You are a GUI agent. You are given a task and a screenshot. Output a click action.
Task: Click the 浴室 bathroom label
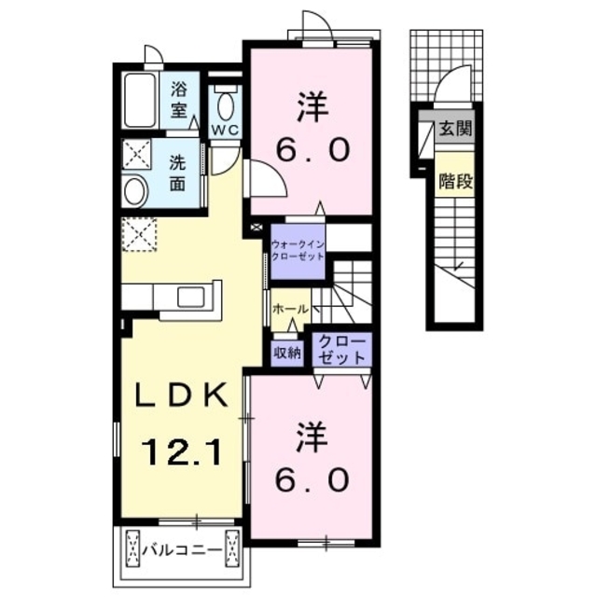[179, 100]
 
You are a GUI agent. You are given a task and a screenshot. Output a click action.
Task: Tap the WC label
[226, 131]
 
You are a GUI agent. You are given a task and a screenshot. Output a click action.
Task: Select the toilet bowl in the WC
[226, 106]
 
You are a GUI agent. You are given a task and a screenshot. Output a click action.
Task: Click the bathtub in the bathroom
[140, 101]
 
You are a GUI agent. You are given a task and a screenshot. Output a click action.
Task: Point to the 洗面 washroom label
[177, 174]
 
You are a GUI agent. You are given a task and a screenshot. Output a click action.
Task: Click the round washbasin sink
[135, 191]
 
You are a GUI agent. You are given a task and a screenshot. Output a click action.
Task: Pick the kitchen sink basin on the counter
[190, 297]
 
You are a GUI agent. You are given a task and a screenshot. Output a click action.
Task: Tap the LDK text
[182, 395]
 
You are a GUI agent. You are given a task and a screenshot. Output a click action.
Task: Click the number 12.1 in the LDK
[182, 451]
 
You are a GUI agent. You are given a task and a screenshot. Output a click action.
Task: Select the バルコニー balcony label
[182, 549]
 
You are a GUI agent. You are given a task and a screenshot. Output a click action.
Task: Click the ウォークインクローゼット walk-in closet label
[298, 250]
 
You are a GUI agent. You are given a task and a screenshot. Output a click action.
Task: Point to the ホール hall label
[290, 309]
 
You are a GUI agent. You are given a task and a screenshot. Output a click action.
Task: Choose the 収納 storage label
[287, 353]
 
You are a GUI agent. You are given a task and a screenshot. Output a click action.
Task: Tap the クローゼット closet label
[341, 349]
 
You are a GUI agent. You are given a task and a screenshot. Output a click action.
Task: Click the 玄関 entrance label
[455, 129]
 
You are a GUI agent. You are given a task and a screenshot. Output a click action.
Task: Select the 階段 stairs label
[455, 181]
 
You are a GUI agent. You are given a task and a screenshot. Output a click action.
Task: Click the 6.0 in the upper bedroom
[312, 149]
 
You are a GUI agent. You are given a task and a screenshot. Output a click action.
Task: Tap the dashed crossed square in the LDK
[139, 234]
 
